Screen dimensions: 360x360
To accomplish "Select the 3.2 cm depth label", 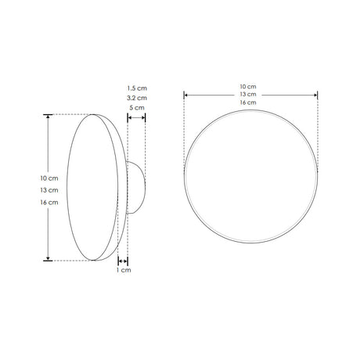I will [x=136, y=98].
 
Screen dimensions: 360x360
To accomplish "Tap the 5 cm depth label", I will [x=136, y=109].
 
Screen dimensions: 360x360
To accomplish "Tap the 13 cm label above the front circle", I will [x=250, y=94].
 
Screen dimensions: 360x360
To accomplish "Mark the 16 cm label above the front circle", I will [x=250, y=103].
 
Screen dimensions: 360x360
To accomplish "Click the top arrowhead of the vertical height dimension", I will [x=49, y=117].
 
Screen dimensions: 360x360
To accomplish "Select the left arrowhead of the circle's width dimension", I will [x=186, y=95].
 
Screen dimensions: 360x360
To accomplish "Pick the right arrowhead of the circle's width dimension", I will [x=315, y=95].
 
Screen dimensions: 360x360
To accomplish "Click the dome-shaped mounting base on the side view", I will [x=135, y=188].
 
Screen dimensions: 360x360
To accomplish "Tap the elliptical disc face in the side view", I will [x=92, y=188].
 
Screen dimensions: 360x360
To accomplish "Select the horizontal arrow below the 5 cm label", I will [x=136, y=118].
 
